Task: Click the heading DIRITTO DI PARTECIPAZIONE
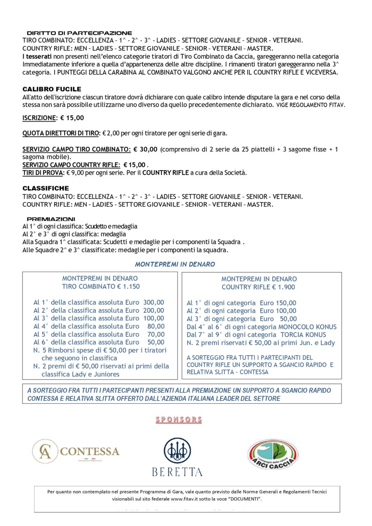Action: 79,33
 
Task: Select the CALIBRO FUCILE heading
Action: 52,89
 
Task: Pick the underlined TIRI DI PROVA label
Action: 41,173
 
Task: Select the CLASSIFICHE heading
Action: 46,188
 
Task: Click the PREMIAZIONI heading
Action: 51,219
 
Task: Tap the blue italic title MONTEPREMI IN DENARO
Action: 175,264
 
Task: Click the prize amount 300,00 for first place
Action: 153,302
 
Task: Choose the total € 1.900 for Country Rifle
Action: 284,287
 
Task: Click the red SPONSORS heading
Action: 179,420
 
